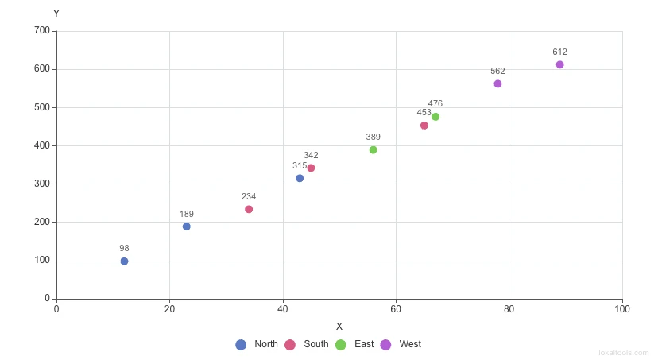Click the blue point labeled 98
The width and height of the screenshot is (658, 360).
(124, 261)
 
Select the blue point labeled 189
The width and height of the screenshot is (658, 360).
(187, 226)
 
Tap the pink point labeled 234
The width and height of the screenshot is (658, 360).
(249, 209)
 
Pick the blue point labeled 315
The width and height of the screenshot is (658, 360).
(300, 178)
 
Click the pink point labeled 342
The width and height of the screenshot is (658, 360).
(311, 168)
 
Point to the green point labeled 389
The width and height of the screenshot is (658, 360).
(374, 150)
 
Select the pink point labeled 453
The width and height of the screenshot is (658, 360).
(424, 126)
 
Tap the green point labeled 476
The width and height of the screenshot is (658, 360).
(435, 117)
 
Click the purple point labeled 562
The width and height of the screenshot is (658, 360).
(497, 83)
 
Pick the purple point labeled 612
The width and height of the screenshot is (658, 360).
(560, 64)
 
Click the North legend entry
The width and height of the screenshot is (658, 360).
(257, 344)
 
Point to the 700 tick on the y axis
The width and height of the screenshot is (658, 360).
(41, 31)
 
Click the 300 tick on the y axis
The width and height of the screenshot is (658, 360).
(41, 184)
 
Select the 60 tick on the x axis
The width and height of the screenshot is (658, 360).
(396, 308)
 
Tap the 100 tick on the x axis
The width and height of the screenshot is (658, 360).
(622, 308)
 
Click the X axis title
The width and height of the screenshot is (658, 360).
(339, 327)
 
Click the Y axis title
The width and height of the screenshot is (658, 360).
(56, 14)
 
